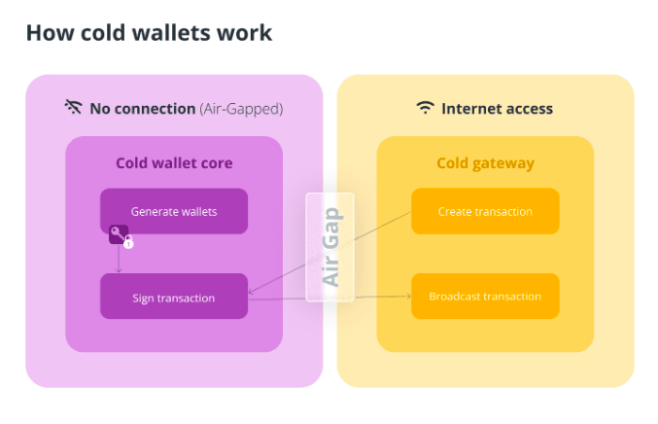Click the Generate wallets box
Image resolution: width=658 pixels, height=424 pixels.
174,211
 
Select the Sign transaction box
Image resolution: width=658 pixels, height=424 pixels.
174,297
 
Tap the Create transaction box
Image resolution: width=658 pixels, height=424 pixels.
485,211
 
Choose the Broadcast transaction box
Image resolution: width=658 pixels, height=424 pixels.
485,297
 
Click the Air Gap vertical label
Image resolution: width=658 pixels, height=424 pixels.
331,247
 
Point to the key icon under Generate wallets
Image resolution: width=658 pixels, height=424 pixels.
118,233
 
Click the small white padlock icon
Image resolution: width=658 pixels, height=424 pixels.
129,242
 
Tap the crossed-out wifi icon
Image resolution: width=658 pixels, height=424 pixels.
74,107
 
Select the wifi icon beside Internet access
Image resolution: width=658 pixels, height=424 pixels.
425,108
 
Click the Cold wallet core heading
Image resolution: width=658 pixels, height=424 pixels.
174,162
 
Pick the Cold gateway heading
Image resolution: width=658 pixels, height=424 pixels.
486,163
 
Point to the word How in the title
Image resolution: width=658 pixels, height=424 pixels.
51,33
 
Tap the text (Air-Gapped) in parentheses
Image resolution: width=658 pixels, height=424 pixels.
241,109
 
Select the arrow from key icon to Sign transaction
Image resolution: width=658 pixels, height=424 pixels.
119,258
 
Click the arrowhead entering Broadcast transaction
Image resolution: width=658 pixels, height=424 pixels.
408,297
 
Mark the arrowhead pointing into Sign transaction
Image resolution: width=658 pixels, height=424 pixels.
251,291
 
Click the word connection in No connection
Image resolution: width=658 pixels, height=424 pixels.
155,109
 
